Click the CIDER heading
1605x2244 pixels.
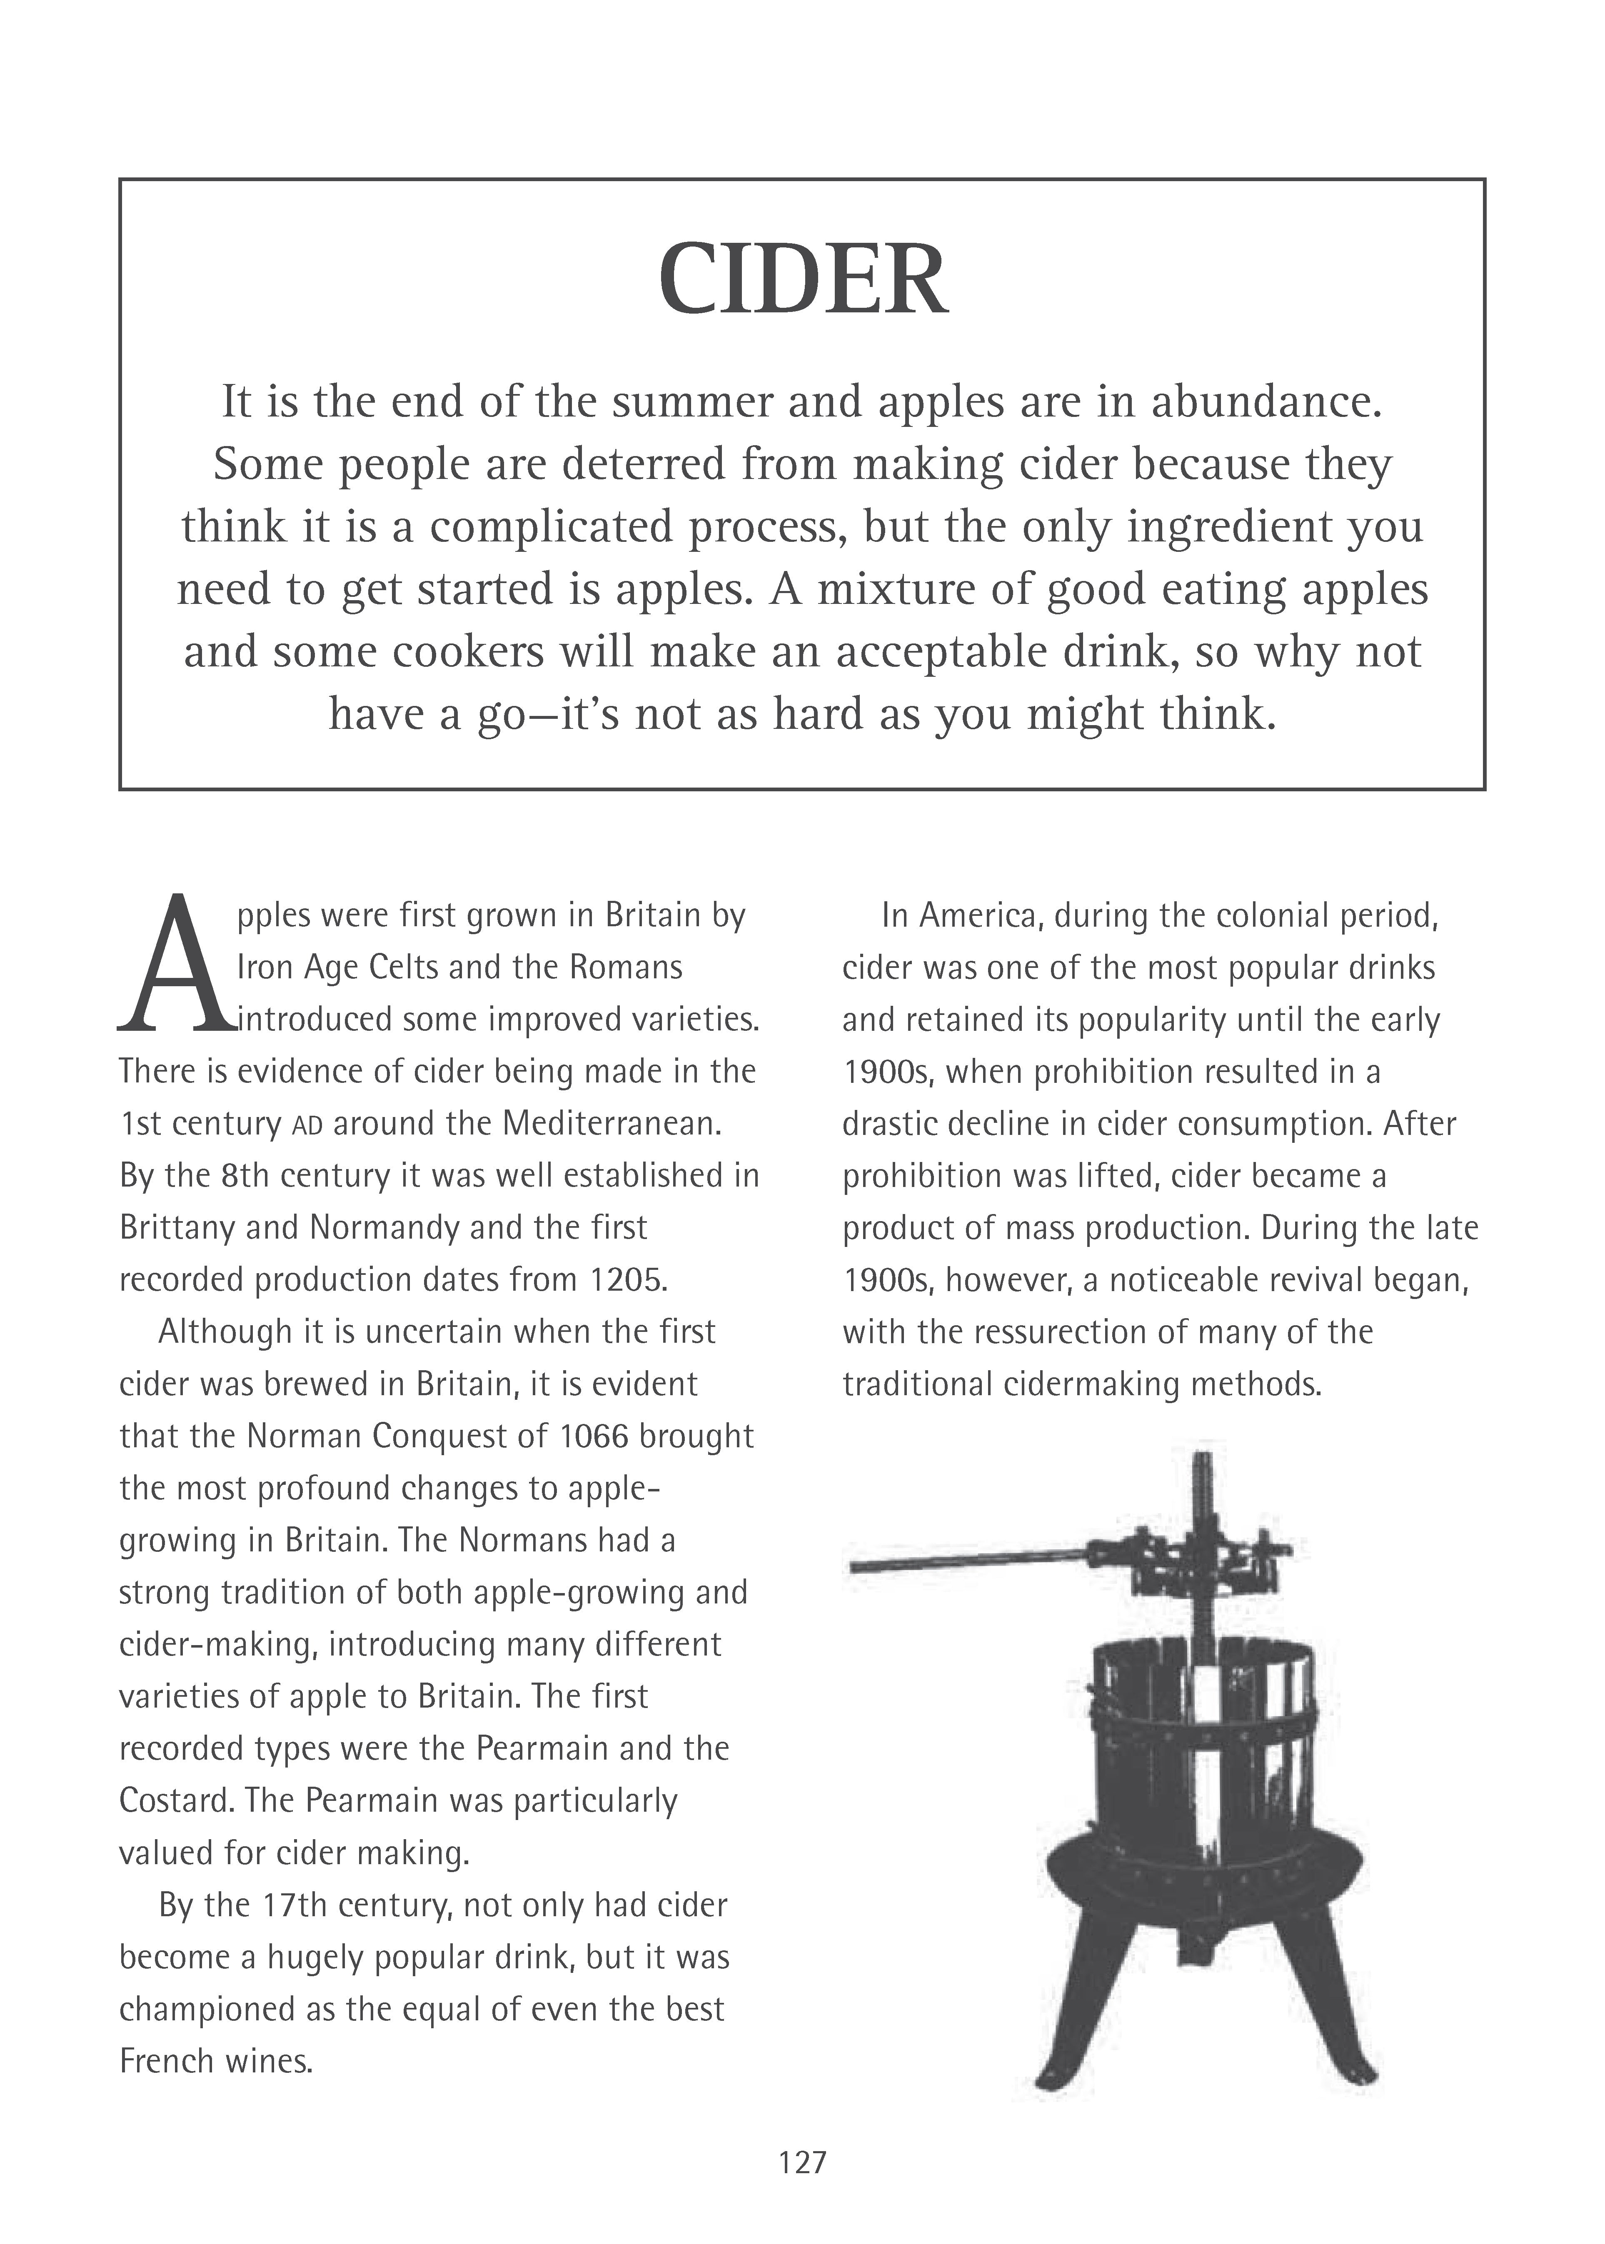coord(802,281)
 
